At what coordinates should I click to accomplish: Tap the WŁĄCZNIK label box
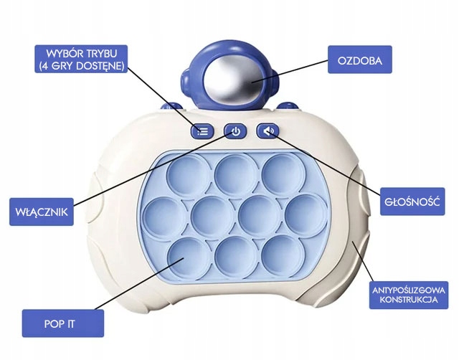pos(42,212)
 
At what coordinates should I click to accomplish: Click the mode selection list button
pos(202,131)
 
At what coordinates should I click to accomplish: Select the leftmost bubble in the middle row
pos(161,214)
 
